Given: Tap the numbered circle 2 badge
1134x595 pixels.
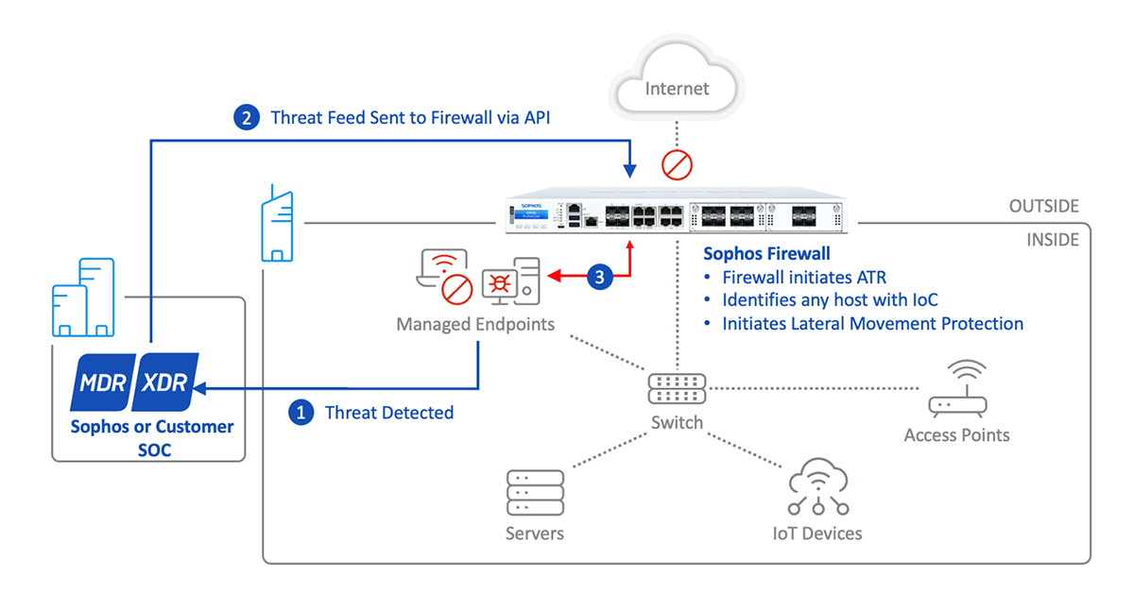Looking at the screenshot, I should click(247, 118).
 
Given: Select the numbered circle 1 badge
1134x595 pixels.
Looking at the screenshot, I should click(301, 413).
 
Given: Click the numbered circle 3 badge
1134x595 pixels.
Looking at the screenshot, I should click(601, 277).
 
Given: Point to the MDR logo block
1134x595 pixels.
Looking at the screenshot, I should click(105, 382).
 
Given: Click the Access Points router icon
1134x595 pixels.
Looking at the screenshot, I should click(957, 391).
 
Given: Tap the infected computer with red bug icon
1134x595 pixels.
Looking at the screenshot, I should click(510, 280).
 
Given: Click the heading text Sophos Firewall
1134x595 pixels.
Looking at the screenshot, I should click(767, 254).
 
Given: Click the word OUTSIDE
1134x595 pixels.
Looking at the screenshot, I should click(1043, 206).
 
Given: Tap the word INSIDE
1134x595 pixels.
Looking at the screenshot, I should click(1052, 240).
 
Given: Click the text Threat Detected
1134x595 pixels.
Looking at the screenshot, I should click(388, 413).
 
